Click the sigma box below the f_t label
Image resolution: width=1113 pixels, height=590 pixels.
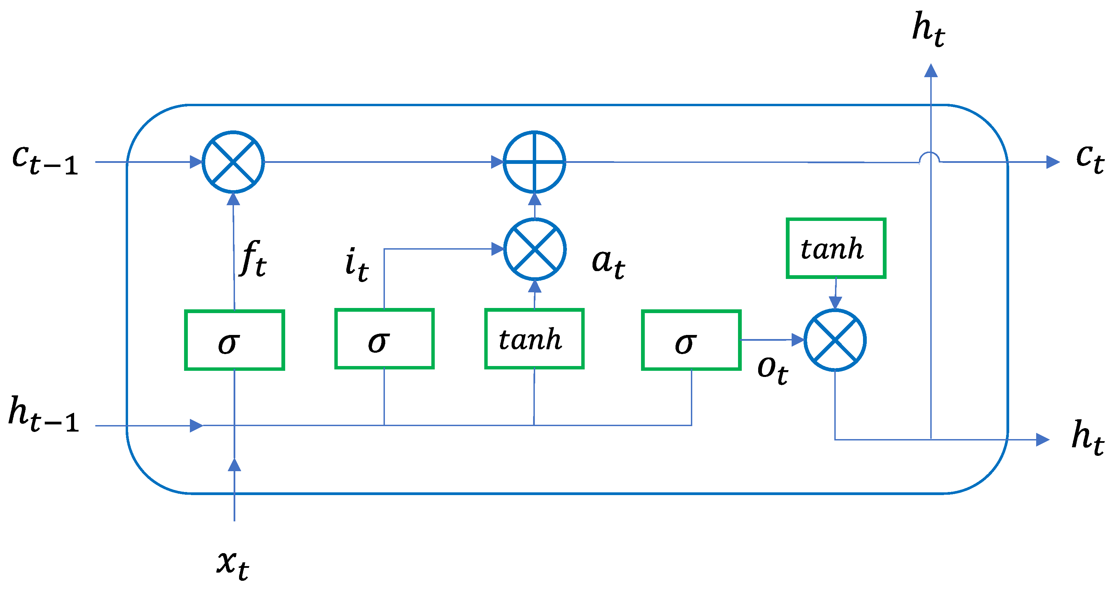234,340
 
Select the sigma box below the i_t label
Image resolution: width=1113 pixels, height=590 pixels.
384,339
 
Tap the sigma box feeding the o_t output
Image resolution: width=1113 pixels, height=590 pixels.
691,340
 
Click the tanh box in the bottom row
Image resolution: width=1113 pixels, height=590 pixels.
534,339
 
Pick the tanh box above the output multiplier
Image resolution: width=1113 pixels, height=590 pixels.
836,248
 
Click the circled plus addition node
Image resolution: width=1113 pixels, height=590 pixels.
534,162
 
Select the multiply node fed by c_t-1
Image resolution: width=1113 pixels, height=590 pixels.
233,162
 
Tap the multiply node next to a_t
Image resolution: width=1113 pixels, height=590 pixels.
535,249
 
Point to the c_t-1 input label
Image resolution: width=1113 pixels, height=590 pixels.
45,160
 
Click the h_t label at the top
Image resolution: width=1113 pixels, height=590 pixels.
928,29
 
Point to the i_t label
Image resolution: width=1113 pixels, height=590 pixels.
357,264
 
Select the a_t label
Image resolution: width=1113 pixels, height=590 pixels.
608,264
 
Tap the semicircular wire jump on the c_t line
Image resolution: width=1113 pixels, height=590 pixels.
929,158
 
